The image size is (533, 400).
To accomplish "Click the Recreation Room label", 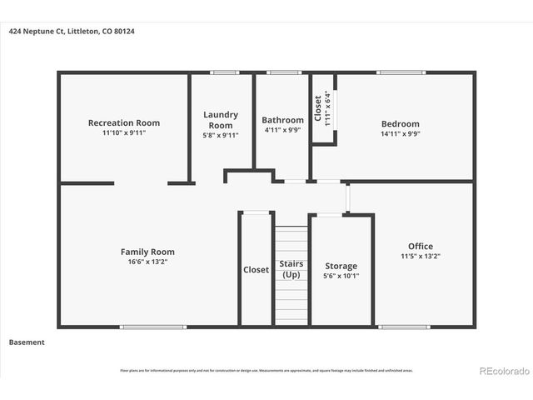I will tap(124, 122).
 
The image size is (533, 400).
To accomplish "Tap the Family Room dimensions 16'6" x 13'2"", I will tap(147, 262).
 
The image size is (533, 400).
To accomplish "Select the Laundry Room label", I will tap(221, 119).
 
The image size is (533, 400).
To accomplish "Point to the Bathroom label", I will tap(282, 119).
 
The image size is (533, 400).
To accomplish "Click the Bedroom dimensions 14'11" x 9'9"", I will tap(400, 133).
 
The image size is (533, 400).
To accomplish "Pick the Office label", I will tap(420, 246).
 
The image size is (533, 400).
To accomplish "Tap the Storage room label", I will tap(341, 266).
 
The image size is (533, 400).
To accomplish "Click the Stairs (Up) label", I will tap(291, 269).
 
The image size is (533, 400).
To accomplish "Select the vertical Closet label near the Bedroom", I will tap(318, 108).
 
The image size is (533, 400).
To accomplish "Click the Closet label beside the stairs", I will tap(256, 269).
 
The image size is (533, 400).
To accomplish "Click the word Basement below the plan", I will tap(27, 342).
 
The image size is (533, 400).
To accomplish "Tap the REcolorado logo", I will tap(502, 371).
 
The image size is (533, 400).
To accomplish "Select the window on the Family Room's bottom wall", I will tap(141, 326).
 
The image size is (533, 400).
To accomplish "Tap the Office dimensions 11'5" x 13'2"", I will tap(420, 256).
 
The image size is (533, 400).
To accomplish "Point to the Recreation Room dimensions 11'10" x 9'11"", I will tap(124, 132).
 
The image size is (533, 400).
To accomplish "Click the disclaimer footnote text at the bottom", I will tap(266, 371).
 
